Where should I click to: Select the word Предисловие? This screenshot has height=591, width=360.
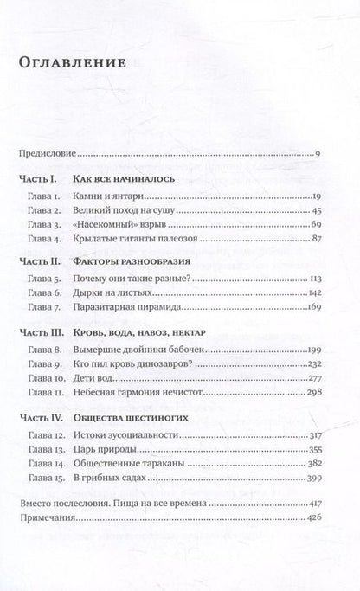[48, 155]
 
